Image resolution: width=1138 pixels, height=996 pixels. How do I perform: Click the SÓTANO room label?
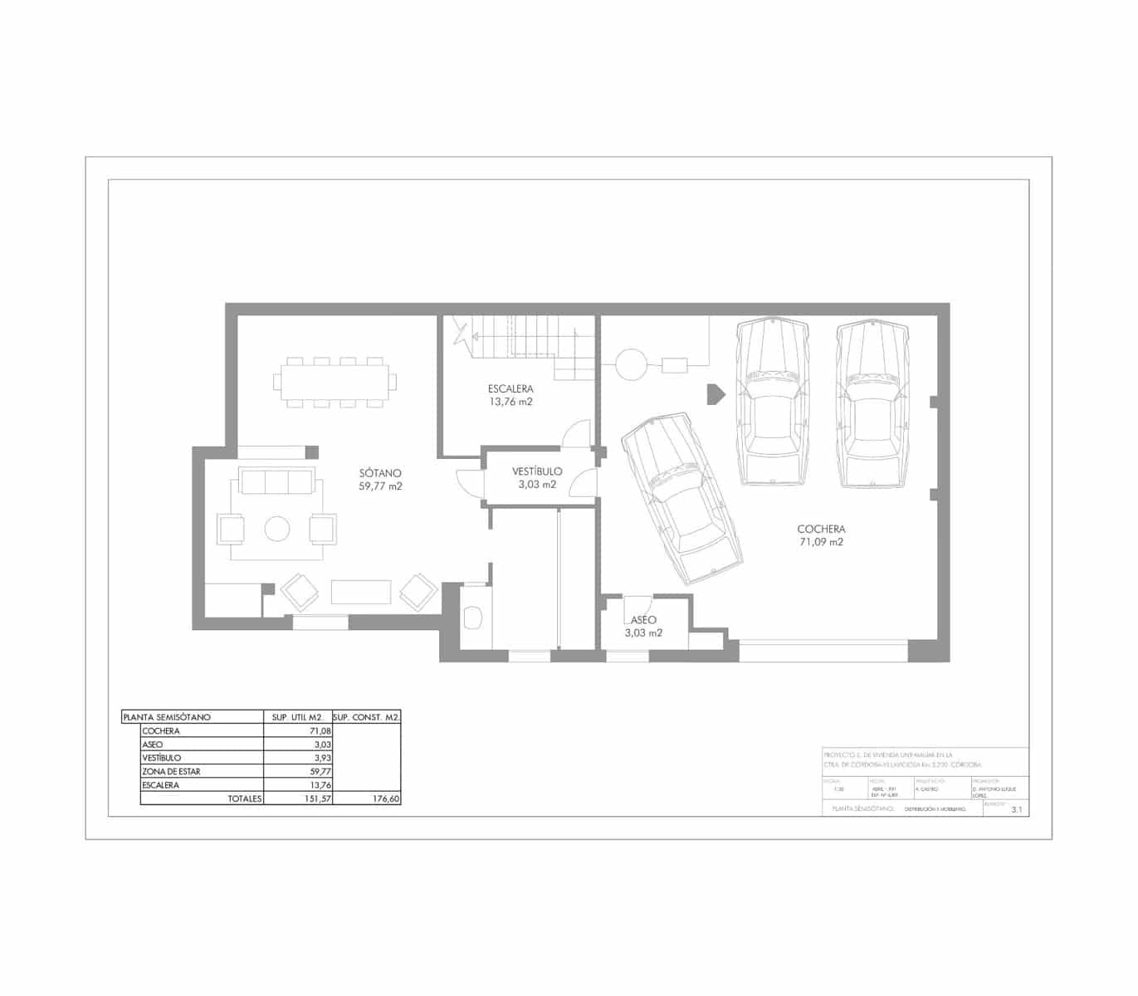[x=381, y=473]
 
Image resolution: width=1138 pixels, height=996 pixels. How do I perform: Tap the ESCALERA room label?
[x=510, y=388]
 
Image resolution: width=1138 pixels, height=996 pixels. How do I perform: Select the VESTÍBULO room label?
[x=537, y=471]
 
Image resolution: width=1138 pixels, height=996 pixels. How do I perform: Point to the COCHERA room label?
[x=821, y=529]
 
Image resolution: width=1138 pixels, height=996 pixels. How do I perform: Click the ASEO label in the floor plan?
[x=643, y=620]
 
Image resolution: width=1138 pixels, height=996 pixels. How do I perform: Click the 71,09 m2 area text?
[x=821, y=542]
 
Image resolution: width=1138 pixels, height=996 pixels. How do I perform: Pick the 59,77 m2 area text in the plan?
[x=381, y=486]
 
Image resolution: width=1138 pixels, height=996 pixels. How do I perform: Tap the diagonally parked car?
[x=681, y=499]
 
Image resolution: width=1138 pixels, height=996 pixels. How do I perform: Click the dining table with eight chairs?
[x=335, y=382]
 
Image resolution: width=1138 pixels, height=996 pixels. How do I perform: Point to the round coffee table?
[x=277, y=529]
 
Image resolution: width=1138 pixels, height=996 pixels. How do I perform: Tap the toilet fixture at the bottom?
[x=474, y=617]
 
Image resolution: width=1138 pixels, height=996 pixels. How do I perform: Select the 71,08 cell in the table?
[x=320, y=731]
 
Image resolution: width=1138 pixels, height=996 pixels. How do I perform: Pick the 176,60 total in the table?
[x=383, y=798]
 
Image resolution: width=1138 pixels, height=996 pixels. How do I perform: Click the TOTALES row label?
[x=245, y=798]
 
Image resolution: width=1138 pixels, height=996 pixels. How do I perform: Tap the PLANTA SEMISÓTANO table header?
[x=167, y=717]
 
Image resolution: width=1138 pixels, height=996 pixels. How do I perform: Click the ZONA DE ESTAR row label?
[x=171, y=771]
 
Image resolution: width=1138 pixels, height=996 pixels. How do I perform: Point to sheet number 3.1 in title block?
[x=1017, y=810]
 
